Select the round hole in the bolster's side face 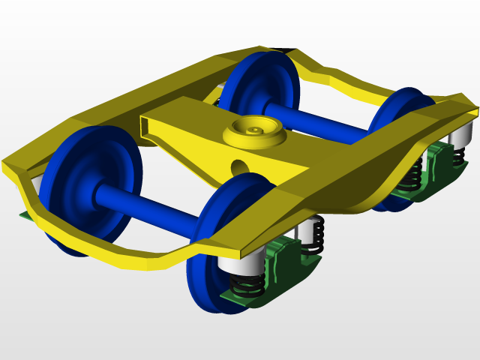click(x=239, y=164)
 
